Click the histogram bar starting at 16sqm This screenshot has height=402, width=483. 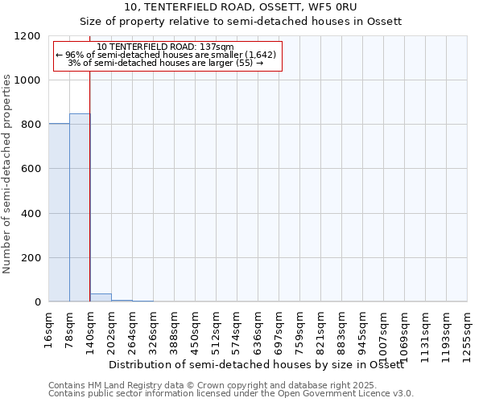(x=59, y=212)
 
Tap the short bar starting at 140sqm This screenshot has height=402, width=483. (x=101, y=297)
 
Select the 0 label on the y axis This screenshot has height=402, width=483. (x=38, y=302)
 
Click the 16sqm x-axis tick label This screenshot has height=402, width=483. (x=49, y=329)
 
